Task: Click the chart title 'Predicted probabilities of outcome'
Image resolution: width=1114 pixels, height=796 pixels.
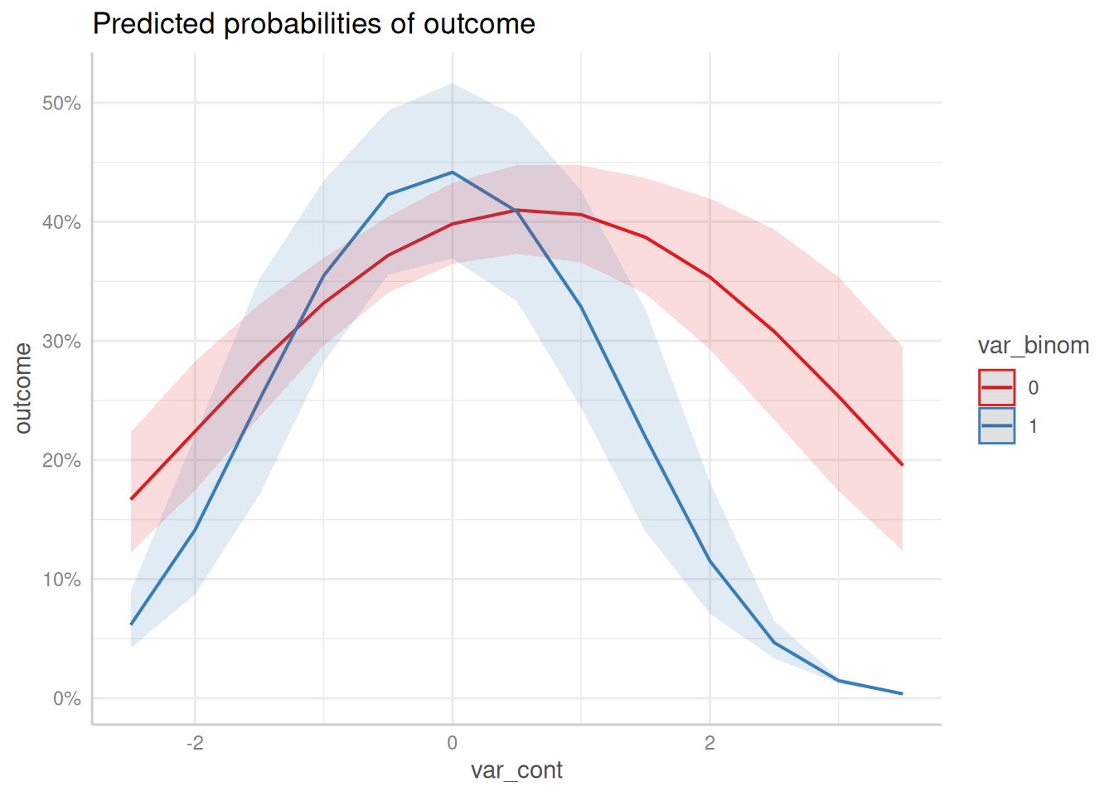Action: [313, 24]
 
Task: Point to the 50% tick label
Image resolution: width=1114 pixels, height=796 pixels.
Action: [61, 104]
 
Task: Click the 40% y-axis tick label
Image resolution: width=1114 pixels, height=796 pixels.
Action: [61, 222]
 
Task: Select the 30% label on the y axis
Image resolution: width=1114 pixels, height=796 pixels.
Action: [61, 342]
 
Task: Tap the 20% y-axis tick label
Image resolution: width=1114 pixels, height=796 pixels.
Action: [61, 460]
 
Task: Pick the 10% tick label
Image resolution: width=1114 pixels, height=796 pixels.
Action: [61, 580]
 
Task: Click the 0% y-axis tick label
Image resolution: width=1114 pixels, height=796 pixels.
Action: [67, 699]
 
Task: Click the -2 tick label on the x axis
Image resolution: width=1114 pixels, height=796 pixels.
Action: [195, 743]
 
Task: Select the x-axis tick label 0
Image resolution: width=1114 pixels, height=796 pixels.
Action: [452, 743]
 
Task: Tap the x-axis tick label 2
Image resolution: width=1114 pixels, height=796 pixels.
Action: [710, 743]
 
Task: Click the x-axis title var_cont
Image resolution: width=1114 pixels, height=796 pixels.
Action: [516, 770]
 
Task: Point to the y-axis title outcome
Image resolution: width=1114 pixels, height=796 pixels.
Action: [23, 388]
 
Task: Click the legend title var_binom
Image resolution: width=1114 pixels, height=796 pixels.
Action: [1033, 346]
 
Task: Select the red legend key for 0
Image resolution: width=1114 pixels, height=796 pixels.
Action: [996, 387]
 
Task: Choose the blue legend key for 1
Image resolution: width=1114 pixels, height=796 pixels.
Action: [996, 425]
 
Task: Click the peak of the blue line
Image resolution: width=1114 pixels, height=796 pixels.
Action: [452, 172]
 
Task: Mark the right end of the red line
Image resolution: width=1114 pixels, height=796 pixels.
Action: [902, 465]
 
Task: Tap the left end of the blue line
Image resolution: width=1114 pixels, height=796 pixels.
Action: [131, 624]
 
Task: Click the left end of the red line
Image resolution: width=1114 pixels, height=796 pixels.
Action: [131, 499]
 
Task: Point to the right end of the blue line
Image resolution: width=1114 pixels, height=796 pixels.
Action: [902, 693]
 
